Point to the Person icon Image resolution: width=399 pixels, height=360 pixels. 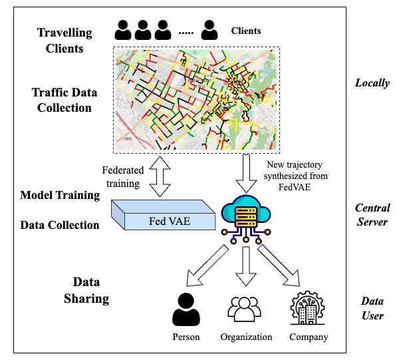[186, 309]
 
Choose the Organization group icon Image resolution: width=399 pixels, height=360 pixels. [246, 310]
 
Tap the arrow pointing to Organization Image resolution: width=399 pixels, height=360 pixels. [247, 265]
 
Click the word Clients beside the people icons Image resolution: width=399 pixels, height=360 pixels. [246, 31]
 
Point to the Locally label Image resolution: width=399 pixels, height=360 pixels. [372, 84]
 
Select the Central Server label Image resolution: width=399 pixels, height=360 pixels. [372, 214]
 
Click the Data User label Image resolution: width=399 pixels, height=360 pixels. [372, 308]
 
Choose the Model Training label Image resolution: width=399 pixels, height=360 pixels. [60, 195]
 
